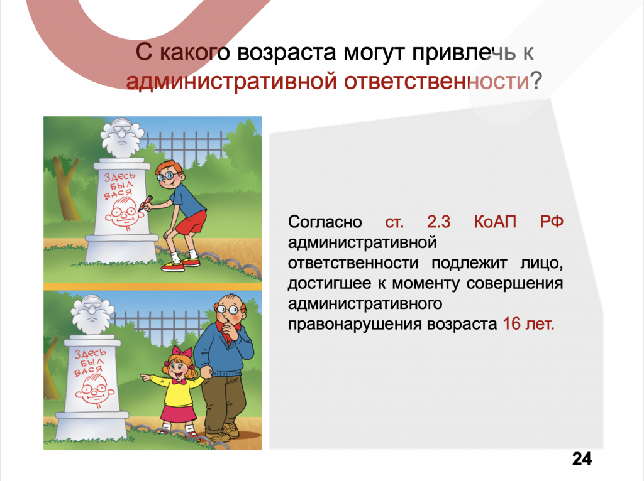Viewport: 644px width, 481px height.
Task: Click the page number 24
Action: point(582,458)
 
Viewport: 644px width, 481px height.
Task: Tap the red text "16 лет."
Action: point(528,324)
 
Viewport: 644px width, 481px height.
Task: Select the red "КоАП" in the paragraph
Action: point(495,222)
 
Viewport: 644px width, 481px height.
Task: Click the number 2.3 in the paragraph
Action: point(438,222)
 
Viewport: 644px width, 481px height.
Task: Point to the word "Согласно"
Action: point(325,222)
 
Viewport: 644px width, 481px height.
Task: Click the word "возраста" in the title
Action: point(287,53)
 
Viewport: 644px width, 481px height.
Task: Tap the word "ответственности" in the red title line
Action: point(436,81)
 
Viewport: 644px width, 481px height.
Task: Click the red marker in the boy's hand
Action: point(145,204)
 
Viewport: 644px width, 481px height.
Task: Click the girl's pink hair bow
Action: point(182,352)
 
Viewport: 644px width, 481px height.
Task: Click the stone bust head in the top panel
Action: point(122,138)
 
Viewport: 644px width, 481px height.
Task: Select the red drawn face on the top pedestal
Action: point(123,212)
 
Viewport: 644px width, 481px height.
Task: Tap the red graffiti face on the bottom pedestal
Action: point(95,389)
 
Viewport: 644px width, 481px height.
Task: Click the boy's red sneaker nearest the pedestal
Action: point(172,267)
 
